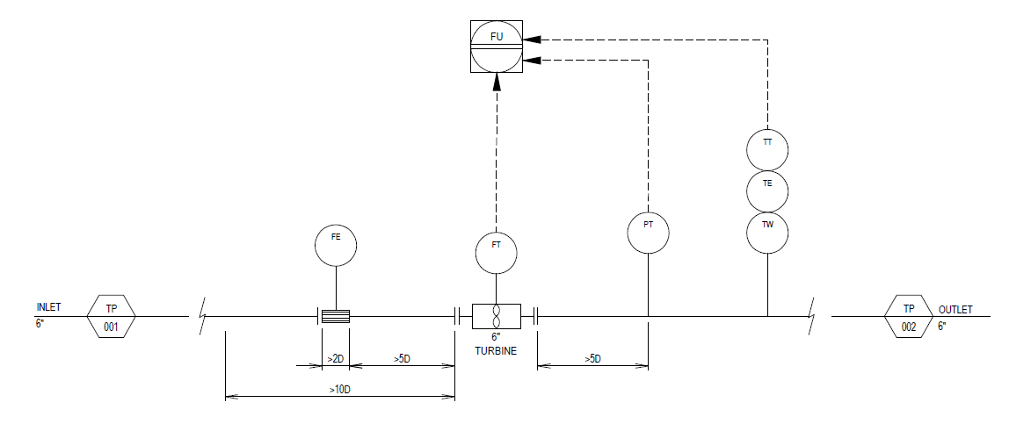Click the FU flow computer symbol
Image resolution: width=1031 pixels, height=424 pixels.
497,46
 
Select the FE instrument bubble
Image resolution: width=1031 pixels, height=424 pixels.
336,245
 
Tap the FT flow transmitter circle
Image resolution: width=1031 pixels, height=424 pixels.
497,253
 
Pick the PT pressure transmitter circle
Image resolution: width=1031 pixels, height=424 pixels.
649,233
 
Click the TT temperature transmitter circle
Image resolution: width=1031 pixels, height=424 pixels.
767,149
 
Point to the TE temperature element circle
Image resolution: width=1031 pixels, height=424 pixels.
767,191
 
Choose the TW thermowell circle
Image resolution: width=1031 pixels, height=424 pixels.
767,233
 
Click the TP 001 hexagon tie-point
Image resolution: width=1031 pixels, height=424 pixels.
112,316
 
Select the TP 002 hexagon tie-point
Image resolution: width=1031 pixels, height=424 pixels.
909,316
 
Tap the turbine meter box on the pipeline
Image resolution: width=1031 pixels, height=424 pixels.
497,316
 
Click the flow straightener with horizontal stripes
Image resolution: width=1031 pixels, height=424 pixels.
336,316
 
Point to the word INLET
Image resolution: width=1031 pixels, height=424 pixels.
48,307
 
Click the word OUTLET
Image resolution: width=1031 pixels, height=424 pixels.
955,310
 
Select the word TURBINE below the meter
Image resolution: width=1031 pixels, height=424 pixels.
496,351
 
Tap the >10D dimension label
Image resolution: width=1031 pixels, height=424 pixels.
341,389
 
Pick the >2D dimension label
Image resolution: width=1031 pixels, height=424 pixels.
336,358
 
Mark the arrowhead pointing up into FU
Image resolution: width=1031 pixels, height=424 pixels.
497,81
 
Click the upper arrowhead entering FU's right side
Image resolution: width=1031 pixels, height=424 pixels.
532,40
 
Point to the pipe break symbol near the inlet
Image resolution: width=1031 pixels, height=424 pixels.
202,316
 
